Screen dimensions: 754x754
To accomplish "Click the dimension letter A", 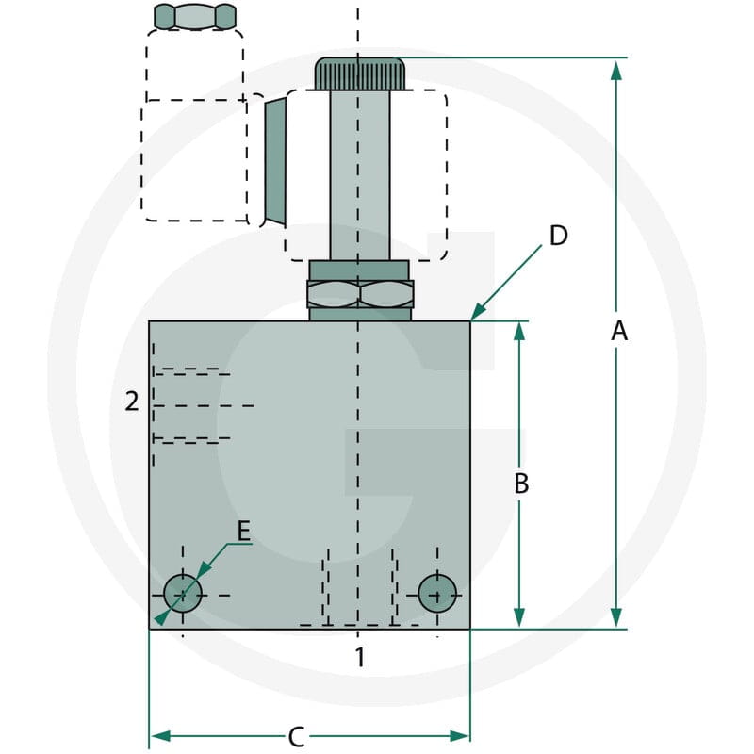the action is (619, 332).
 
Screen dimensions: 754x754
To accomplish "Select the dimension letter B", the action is (521, 484).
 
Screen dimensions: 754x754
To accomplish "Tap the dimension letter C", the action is (296, 737).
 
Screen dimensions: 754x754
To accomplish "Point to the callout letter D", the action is (558, 236).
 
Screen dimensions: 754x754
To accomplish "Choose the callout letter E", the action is (244, 532).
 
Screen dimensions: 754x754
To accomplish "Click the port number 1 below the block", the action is (360, 657).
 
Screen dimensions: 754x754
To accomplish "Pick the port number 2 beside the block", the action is (132, 402).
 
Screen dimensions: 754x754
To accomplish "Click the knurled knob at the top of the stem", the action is (360, 74).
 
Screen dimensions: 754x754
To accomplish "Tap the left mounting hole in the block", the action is (183, 594).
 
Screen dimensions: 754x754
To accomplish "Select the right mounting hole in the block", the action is (437, 594).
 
